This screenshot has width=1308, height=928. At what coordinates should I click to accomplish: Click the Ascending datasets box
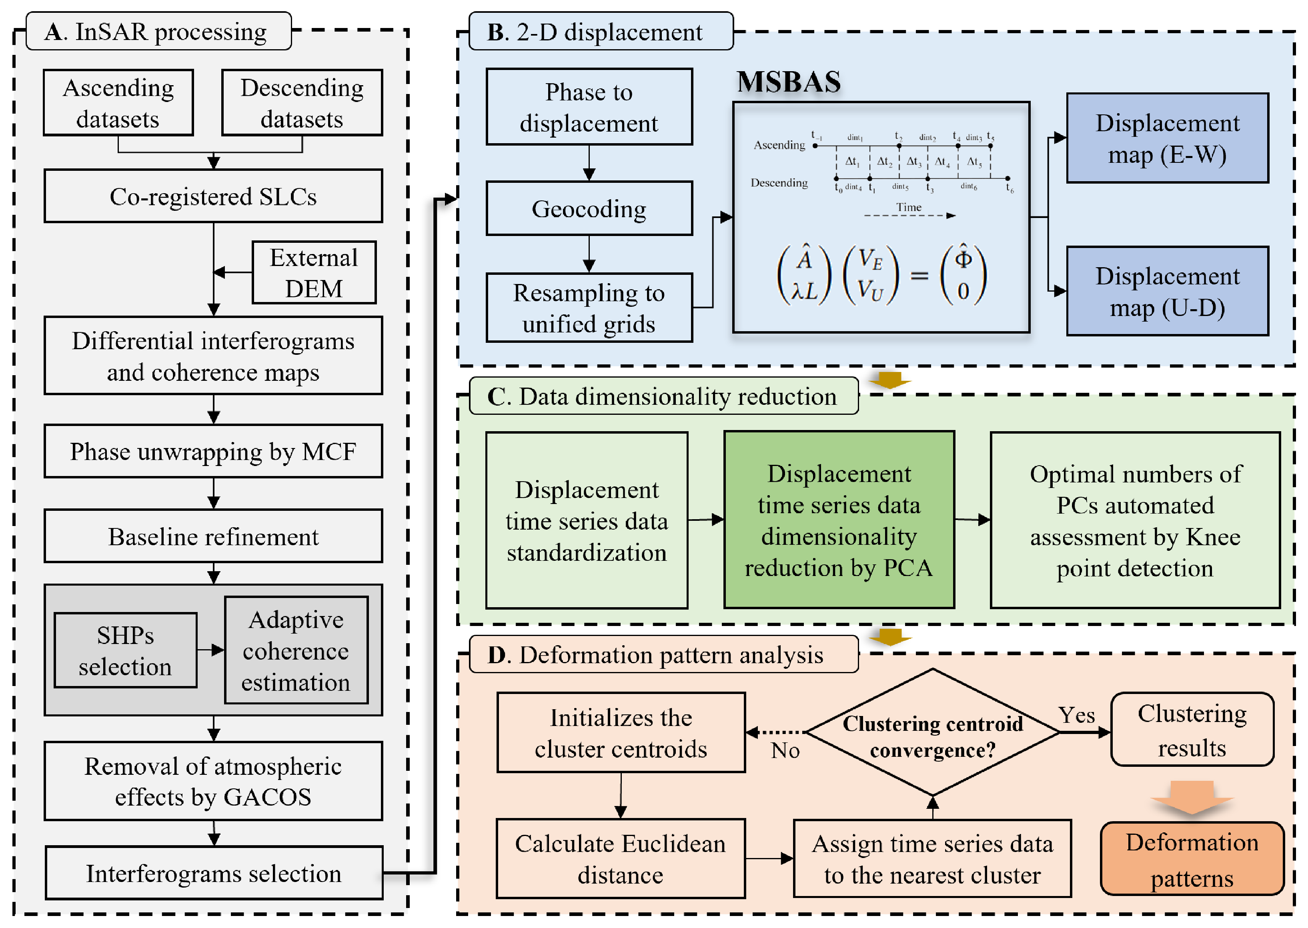coord(118,103)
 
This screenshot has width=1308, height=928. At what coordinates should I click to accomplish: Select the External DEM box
coord(314,272)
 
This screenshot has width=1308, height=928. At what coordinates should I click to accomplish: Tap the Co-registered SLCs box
coord(213,196)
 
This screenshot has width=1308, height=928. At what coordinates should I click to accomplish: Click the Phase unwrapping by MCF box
coord(213,452)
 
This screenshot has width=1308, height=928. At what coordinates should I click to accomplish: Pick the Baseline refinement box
coord(213,536)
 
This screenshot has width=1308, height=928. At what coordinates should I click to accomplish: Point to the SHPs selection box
coord(125,651)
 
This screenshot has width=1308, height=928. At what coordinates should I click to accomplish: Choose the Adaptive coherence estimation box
coord(296,651)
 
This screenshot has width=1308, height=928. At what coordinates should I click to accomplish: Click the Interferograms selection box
coord(213,873)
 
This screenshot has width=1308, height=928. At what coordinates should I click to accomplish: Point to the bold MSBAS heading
coord(789,82)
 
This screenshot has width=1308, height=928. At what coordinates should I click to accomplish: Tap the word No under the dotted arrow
coord(785,751)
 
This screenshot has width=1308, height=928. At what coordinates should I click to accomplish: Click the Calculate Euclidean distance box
coord(620,859)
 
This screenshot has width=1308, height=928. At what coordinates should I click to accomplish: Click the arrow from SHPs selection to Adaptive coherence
coord(210,650)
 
